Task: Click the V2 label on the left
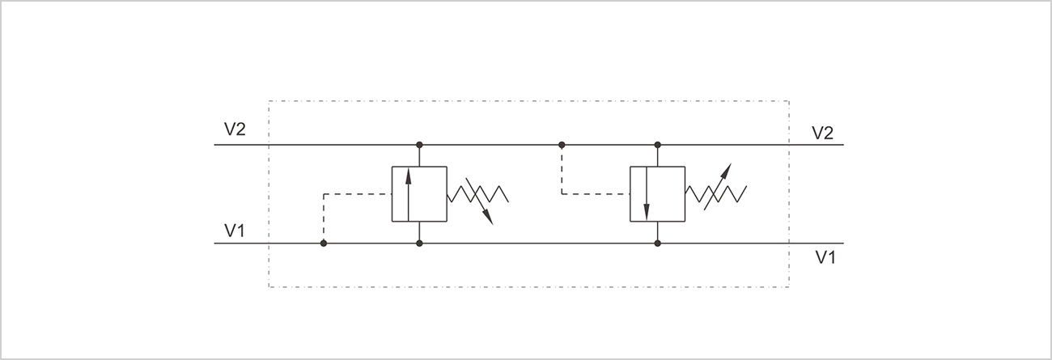click(x=235, y=129)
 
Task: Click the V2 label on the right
click(x=822, y=133)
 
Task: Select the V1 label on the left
click(x=235, y=231)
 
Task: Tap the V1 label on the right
click(x=825, y=257)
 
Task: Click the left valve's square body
click(x=429, y=193)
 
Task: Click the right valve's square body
click(x=668, y=193)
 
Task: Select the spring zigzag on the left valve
click(x=477, y=193)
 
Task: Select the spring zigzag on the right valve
click(x=715, y=193)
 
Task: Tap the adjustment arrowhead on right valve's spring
click(x=727, y=169)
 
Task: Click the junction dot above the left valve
click(x=419, y=145)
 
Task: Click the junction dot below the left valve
click(x=419, y=244)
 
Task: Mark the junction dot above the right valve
click(x=657, y=145)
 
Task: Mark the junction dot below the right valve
click(x=657, y=244)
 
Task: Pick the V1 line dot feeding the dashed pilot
click(x=324, y=244)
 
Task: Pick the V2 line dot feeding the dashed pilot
click(x=562, y=145)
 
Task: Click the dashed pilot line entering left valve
click(x=356, y=194)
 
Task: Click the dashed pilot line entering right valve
click(x=595, y=194)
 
